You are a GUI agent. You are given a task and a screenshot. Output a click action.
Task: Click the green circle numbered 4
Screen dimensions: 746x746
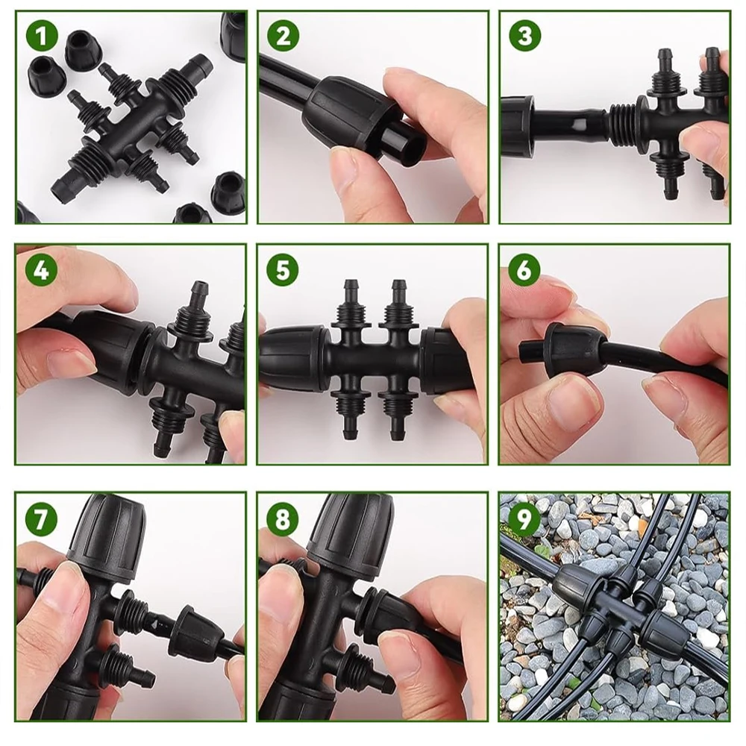coord(41,269)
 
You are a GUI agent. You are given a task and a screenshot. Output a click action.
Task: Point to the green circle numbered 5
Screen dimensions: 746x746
coord(283,269)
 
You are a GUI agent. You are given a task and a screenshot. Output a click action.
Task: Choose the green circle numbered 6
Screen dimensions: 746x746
coord(524,269)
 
